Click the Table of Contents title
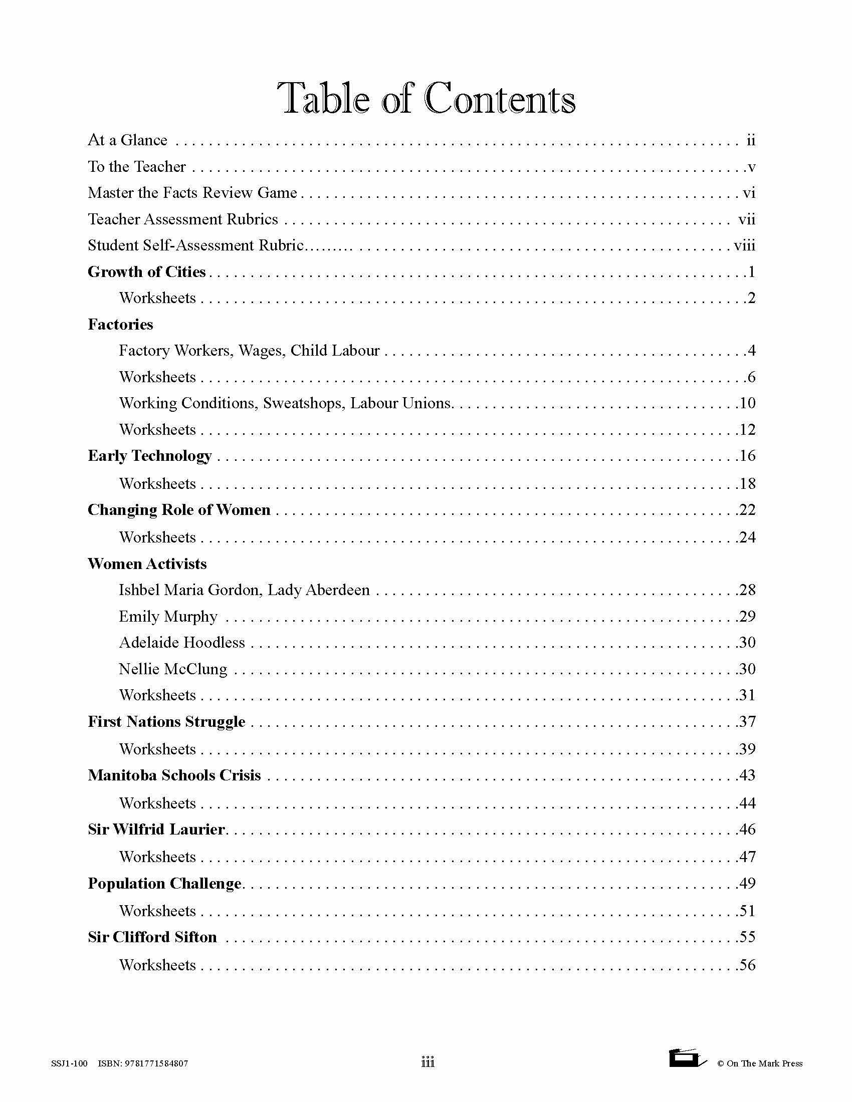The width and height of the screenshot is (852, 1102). tap(426, 98)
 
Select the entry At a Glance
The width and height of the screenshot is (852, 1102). tap(127, 140)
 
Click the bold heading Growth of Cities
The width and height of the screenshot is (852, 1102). tap(146, 272)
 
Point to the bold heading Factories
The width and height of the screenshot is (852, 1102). tap(120, 325)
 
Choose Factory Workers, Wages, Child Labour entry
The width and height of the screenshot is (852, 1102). tap(249, 351)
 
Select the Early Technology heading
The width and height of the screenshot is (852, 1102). tap(149, 456)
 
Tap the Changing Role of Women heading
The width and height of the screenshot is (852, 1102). tap(179, 510)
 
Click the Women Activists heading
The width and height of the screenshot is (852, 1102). tap(147, 564)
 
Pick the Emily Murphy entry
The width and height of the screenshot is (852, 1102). tap(167, 616)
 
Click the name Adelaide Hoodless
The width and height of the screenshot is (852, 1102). tap(182, 642)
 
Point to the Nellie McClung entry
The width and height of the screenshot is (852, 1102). tap(172, 669)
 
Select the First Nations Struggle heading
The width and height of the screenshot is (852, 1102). tap(166, 721)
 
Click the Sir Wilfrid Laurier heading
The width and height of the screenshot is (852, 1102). tap(156, 829)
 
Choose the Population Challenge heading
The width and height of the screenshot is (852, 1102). tap(164, 884)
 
